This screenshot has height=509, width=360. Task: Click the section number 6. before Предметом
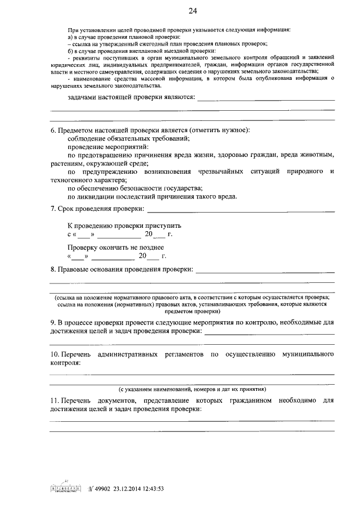[53, 130]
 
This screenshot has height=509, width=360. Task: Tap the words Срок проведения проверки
[101, 210]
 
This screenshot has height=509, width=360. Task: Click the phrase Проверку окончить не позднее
[115, 247]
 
